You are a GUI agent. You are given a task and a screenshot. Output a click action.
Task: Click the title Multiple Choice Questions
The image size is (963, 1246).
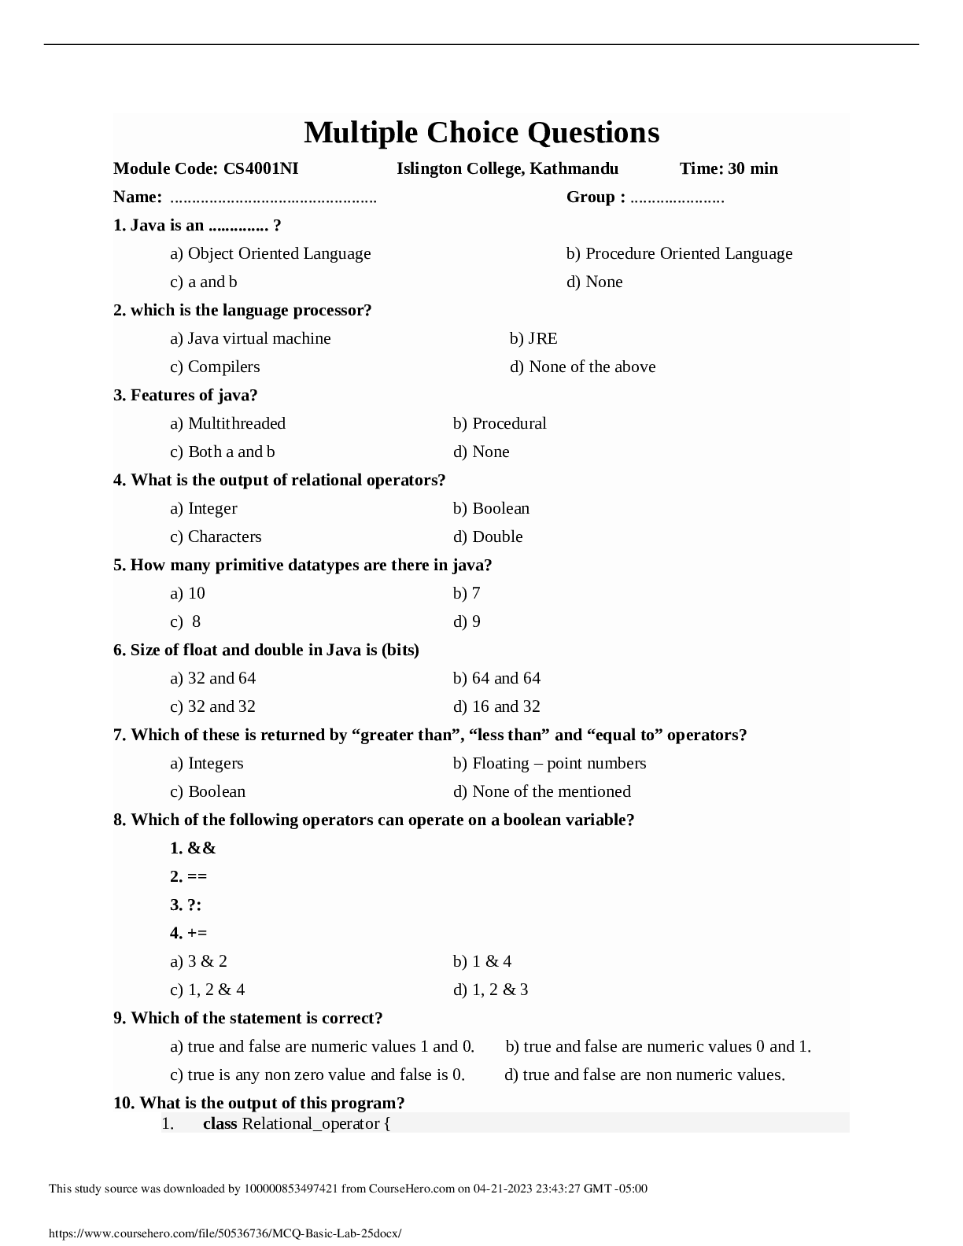click(481, 133)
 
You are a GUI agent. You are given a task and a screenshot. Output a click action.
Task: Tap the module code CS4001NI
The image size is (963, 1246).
click(260, 168)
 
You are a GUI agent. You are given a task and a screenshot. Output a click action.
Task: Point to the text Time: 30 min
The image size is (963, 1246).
click(729, 168)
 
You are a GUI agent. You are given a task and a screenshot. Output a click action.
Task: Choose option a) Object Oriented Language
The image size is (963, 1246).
click(270, 253)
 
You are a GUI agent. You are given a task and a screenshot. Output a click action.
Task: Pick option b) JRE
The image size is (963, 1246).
click(533, 338)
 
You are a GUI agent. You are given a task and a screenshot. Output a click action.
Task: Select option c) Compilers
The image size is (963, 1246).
click(215, 367)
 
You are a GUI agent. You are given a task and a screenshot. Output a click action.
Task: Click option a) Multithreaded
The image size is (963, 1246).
click(227, 423)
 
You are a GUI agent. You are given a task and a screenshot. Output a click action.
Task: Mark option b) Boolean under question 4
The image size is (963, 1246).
click(491, 508)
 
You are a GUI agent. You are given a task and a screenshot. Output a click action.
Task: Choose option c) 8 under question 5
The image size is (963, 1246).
click(186, 621)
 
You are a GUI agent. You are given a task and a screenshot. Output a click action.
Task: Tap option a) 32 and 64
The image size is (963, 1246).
click(212, 678)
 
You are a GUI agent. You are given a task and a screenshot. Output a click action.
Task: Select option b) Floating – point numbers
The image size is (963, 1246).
click(549, 763)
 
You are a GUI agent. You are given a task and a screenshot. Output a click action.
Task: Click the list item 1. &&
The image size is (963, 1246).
click(193, 848)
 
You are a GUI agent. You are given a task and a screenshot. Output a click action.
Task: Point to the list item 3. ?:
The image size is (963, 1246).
click(186, 905)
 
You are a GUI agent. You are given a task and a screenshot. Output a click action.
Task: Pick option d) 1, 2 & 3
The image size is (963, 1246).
click(490, 990)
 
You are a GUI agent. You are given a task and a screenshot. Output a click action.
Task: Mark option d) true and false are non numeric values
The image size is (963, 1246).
click(644, 1075)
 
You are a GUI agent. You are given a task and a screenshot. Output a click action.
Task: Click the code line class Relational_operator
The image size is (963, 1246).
click(297, 1123)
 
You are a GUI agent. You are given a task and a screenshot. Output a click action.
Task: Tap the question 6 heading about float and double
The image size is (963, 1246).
click(266, 650)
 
